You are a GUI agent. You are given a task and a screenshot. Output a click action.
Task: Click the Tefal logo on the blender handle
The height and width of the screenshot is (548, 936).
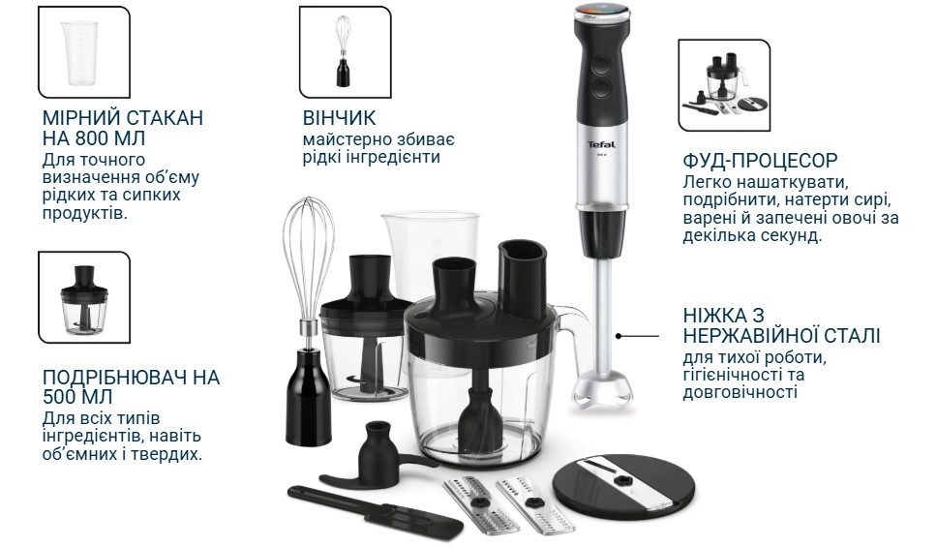click(601, 144)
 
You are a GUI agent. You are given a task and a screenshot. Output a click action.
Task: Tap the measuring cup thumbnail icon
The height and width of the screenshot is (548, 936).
click(83, 52)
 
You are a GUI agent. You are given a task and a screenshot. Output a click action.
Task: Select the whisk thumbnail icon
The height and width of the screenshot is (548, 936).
click(345, 52)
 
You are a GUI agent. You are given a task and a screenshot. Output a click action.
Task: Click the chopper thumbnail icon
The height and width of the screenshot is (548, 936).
click(83, 297)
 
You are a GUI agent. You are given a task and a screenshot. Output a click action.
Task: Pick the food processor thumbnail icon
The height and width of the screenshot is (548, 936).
click(724, 85)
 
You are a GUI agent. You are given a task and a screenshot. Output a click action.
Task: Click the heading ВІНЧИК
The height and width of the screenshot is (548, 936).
click(339, 117)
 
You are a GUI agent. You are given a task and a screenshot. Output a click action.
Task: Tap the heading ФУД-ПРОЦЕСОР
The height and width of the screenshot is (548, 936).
click(760, 160)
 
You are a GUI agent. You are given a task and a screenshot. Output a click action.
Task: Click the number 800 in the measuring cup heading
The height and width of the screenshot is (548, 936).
click(93, 138)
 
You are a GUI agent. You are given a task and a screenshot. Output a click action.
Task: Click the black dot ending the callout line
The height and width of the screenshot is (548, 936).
click(619, 336)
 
